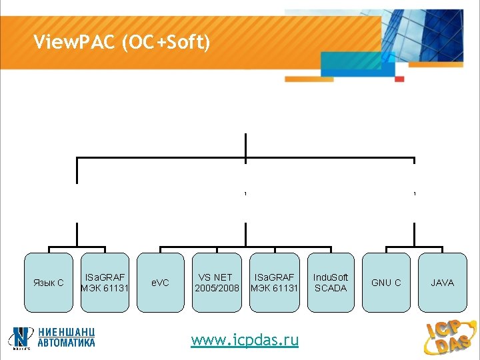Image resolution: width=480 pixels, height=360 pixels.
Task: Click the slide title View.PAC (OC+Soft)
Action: pyautogui.click(x=122, y=43)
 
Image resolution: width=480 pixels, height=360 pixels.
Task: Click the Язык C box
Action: pyautogui.click(x=48, y=283)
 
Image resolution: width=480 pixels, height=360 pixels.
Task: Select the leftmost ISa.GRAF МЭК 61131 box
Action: pyautogui.click(x=105, y=283)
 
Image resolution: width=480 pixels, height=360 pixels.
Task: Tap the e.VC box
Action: pyautogui.click(x=161, y=283)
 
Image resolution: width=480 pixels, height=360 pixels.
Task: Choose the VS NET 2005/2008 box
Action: pyautogui.click(x=217, y=283)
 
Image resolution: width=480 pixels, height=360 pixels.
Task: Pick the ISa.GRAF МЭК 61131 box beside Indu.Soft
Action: pyautogui.click(x=274, y=283)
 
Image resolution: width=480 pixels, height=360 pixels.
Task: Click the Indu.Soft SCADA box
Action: pyautogui.click(x=331, y=283)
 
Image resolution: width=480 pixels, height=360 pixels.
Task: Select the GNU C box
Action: pyautogui.click(x=386, y=283)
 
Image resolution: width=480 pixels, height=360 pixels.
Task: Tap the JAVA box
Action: pyautogui.click(x=442, y=283)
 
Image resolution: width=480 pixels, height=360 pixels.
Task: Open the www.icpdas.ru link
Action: pyautogui.click(x=245, y=341)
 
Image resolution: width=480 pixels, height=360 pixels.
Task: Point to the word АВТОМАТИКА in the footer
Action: pyautogui.click(x=66, y=343)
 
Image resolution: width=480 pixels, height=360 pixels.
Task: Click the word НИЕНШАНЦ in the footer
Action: pyautogui.click(x=66, y=332)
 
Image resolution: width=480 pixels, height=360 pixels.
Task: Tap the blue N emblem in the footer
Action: pyautogui.click(x=22, y=337)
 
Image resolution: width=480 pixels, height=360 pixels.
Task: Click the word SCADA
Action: pyautogui.click(x=331, y=288)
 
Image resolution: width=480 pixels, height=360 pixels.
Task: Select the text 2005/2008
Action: pyautogui.click(x=217, y=288)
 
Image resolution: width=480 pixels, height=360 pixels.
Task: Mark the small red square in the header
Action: pyautogui.click(x=399, y=79)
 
